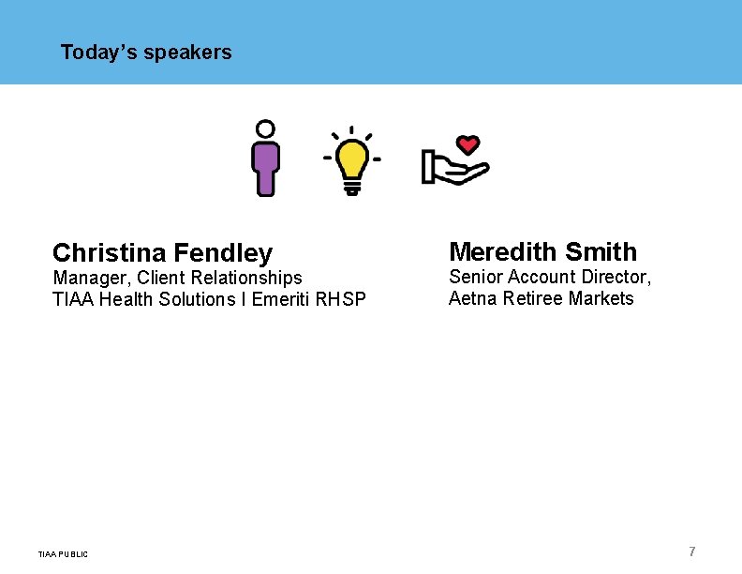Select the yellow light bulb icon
pyautogui.click(x=352, y=160)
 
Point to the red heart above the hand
pyautogui.click(x=467, y=145)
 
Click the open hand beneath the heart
pyautogui.click(x=454, y=169)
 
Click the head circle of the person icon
pyautogui.click(x=266, y=129)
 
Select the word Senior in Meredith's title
pyautogui.click(x=475, y=277)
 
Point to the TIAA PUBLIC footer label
pyautogui.click(x=64, y=554)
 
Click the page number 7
pyautogui.click(x=692, y=551)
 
